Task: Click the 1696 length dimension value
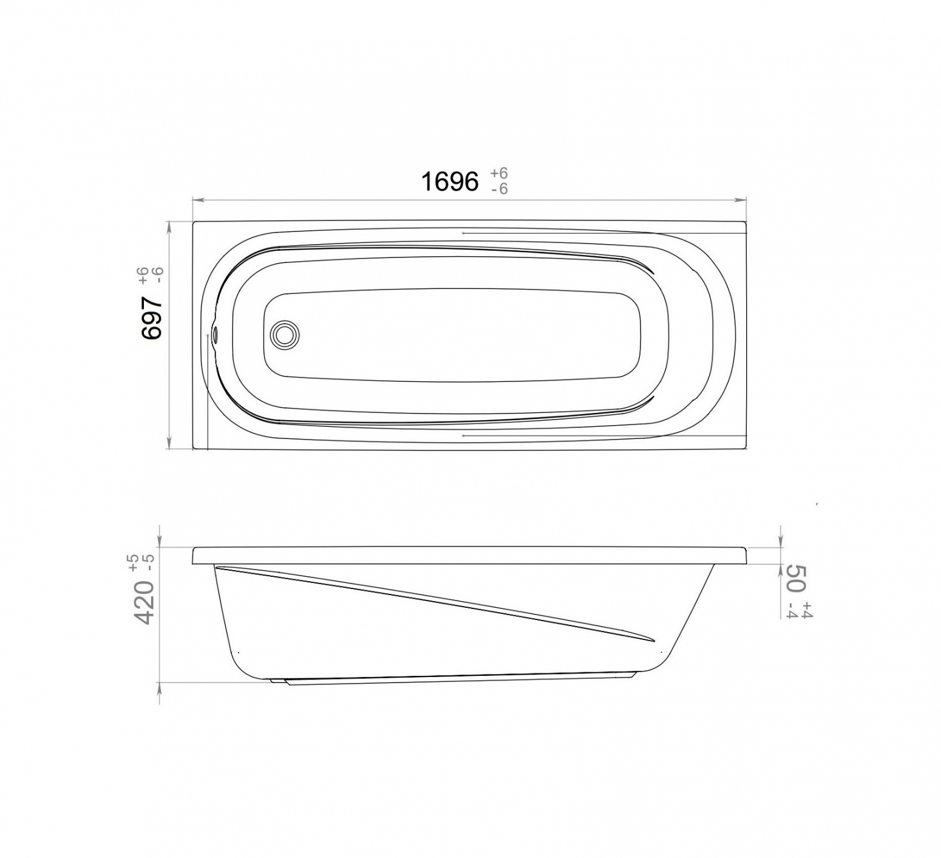coord(450,182)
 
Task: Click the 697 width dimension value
coord(152,317)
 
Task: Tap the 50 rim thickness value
coord(796,577)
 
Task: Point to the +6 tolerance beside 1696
coord(499,174)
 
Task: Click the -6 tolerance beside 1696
coord(499,189)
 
